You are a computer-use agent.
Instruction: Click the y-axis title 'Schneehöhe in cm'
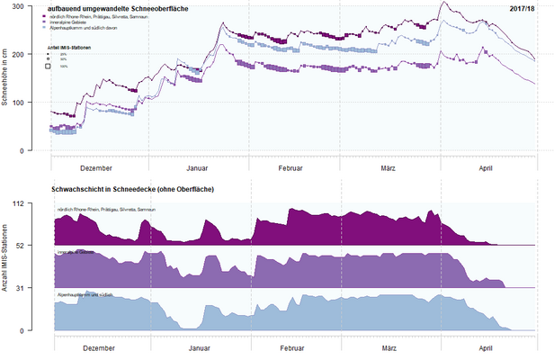point(6,79)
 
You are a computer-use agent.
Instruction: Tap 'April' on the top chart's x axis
point(487,167)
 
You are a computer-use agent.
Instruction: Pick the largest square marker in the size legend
point(48,66)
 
